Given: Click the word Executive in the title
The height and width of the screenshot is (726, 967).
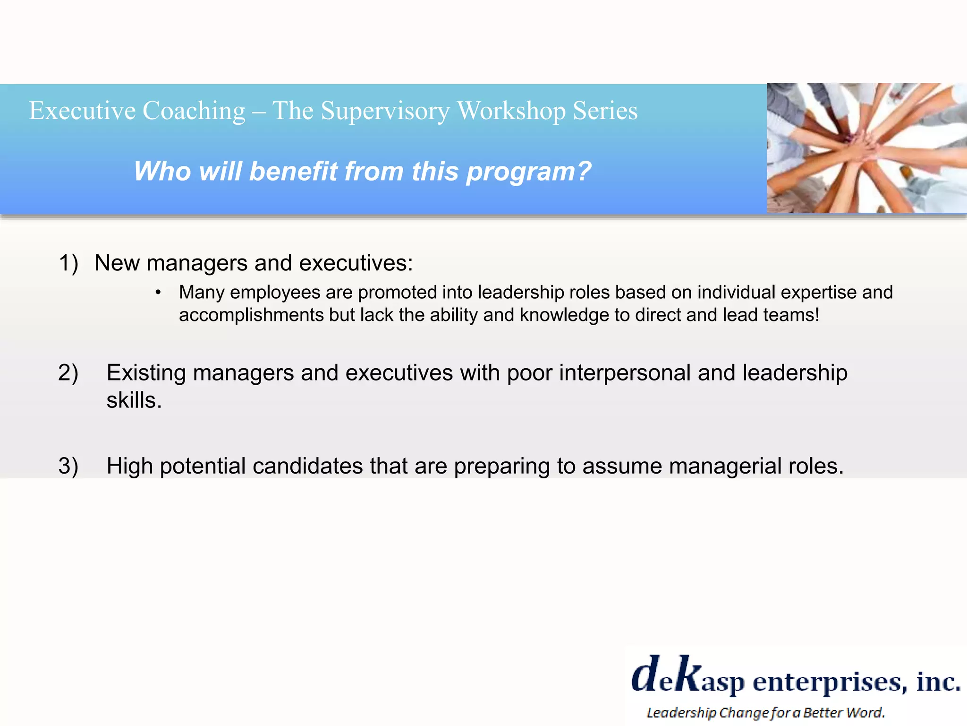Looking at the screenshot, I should pos(82,111).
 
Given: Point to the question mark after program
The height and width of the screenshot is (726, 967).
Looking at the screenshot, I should pos(584,171).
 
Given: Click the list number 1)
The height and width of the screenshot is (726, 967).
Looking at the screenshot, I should pos(68,263).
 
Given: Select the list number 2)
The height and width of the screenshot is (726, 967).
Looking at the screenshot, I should pos(68,373).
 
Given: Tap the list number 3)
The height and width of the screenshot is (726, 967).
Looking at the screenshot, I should pos(68,466).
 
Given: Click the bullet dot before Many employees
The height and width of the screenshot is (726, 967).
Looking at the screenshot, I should pos(158,293).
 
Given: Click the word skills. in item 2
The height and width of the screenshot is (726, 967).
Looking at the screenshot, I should pos(134,401).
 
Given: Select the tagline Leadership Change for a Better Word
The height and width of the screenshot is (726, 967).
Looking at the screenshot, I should pos(765,712).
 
